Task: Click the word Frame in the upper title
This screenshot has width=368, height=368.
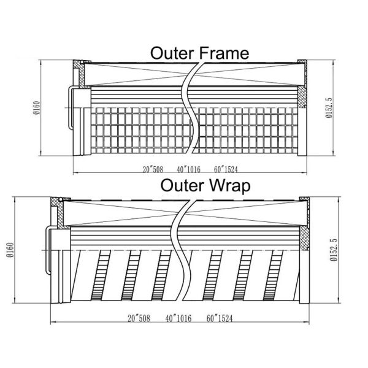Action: [x=223, y=53]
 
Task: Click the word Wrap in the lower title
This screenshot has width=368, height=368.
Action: [x=229, y=186]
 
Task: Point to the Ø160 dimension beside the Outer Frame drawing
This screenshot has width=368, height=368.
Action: [x=37, y=108]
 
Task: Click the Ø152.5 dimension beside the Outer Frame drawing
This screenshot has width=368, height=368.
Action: [x=329, y=108]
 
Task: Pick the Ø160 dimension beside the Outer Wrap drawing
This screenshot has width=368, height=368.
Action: [x=10, y=250]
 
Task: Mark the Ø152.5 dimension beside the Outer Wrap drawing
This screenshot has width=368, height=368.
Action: [x=333, y=250]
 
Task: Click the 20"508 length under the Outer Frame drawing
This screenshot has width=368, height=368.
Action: [x=153, y=169]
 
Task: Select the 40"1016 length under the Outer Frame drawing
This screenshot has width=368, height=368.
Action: [x=189, y=169]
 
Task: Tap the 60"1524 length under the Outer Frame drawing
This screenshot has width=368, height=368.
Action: [x=226, y=169]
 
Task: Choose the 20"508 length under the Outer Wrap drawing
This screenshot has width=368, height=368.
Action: [x=139, y=318]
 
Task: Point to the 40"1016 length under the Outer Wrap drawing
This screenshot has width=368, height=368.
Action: [x=178, y=318]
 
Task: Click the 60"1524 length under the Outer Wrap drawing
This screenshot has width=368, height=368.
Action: [x=220, y=318]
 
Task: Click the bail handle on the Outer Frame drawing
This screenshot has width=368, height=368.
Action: [x=70, y=108]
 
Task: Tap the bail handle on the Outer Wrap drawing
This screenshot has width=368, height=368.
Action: [x=48, y=250]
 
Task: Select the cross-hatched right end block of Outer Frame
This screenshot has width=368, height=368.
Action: [x=302, y=97]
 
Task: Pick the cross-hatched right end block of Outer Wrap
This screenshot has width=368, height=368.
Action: [x=304, y=238]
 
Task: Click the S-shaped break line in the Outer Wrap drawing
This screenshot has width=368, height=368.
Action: [x=182, y=250]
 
